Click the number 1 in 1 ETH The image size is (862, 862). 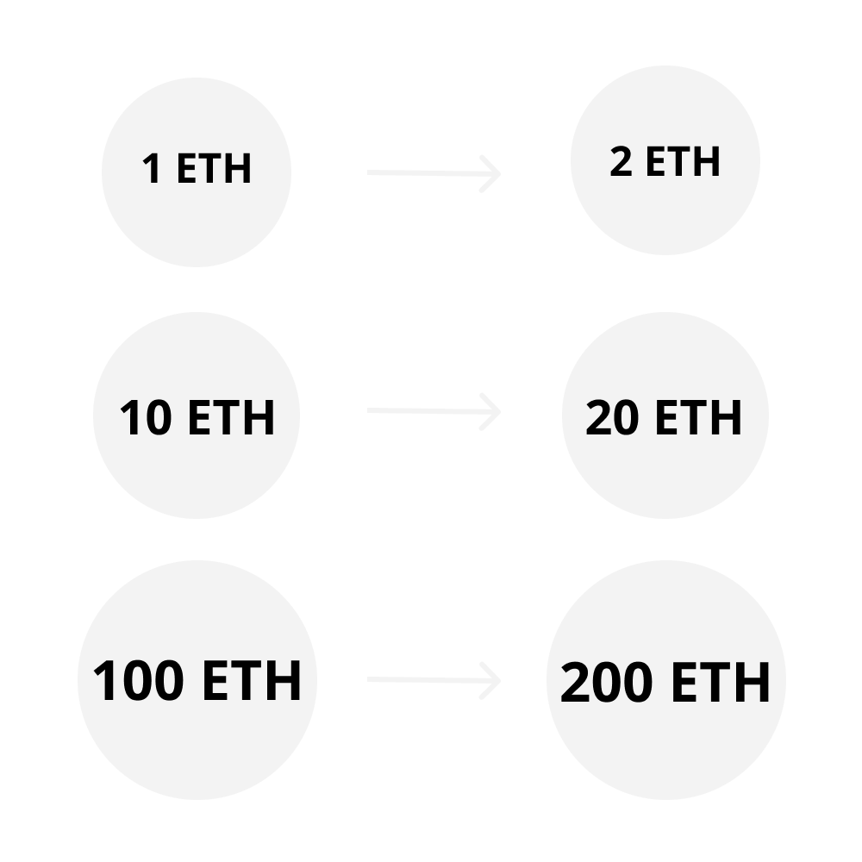click(x=152, y=168)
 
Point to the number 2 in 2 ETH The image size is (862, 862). click(x=621, y=162)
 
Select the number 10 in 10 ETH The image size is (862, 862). click(x=146, y=418)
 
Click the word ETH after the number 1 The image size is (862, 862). click(x=214, y=168)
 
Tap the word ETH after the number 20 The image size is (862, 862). click(x=698, y=418)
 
